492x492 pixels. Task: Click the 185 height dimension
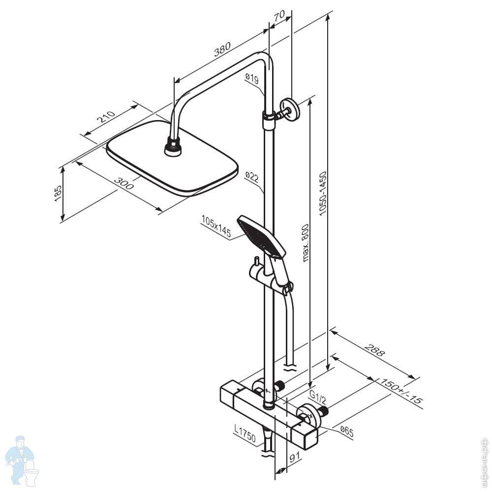coord(58,193)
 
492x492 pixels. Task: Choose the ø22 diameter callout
coord(251,176)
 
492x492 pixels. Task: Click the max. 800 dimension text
coord(306,243)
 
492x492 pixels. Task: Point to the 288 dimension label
coord(374,351)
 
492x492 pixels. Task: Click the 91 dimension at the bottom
coord(295,458)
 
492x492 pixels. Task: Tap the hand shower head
coord(261,236)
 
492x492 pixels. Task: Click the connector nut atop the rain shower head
coord(172,147)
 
